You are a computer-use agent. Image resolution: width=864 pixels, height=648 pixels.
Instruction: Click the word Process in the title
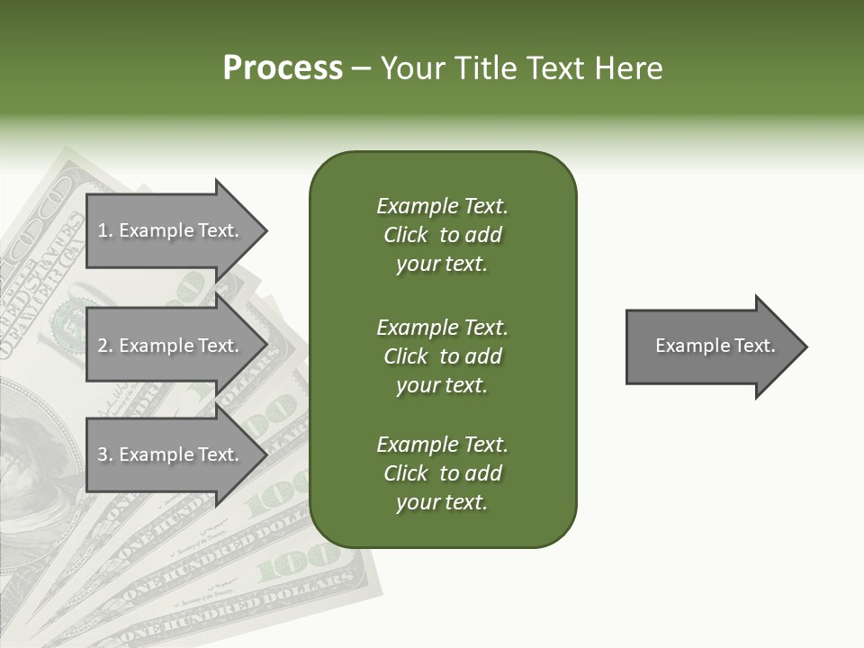[x=283, y=68]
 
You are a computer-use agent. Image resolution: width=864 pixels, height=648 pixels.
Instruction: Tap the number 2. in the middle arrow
[x=105, y=346]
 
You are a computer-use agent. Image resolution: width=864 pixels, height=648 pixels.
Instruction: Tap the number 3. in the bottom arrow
[x=105, y=454]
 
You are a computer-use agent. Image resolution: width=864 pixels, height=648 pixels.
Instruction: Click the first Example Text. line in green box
[x=442, y=206]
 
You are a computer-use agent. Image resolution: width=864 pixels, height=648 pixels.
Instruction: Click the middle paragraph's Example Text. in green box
[x=442, y=328]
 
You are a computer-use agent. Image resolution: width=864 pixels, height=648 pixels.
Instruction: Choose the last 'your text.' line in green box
[x=442, y=503]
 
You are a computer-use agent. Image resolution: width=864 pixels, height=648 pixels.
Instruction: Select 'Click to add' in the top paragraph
[x=442, y=236]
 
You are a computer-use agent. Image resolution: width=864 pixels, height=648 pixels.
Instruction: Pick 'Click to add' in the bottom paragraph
[x=442, y=473]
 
